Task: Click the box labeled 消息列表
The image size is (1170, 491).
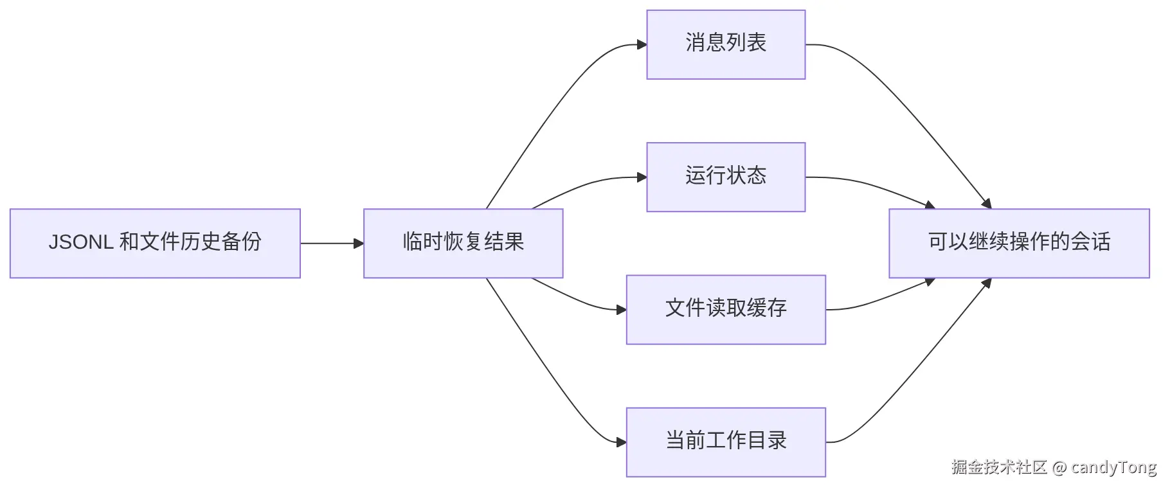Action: coord(726,44)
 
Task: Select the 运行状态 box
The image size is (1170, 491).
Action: coord(726,177)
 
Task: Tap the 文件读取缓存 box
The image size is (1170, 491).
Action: coord(726,310)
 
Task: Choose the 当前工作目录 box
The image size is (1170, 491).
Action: coord(726,442)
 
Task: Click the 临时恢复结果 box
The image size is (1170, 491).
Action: coord(464,244)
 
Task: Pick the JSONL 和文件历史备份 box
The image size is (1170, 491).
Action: coord(155,244)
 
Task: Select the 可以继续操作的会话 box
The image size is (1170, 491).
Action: coord(1019,244)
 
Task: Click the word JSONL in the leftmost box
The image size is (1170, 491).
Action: coord(81,242)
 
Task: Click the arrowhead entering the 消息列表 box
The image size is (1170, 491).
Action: coord(642,44)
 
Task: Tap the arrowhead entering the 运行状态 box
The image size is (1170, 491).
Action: coord(642,177)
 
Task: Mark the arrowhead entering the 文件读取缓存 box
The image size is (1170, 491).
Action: coord(621,310)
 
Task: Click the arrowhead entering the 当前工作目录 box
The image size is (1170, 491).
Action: coord(621,442)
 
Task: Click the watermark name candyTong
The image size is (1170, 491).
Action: coord(1114,467)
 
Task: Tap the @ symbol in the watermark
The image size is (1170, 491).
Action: coord(1059,467)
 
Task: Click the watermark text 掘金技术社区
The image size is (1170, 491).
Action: coord(1000,467)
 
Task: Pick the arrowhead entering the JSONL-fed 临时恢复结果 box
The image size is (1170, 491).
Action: coord(359,244)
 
